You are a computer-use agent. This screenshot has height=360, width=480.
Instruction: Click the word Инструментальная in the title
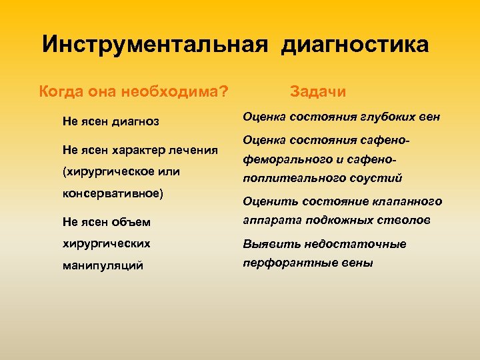(x=155, y=45)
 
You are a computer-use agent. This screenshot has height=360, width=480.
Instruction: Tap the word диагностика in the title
(x=355, y=45)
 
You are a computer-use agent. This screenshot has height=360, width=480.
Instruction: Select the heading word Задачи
(x=318, y=91)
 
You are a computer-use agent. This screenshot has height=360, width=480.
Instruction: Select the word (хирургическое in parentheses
(x=105, y=171)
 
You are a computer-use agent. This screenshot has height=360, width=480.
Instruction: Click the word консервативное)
(x=113, y=194)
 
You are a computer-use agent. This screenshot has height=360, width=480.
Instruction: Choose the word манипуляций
(x=103, y=265)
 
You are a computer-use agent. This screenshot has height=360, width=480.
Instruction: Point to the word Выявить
(x=265, y=244)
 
